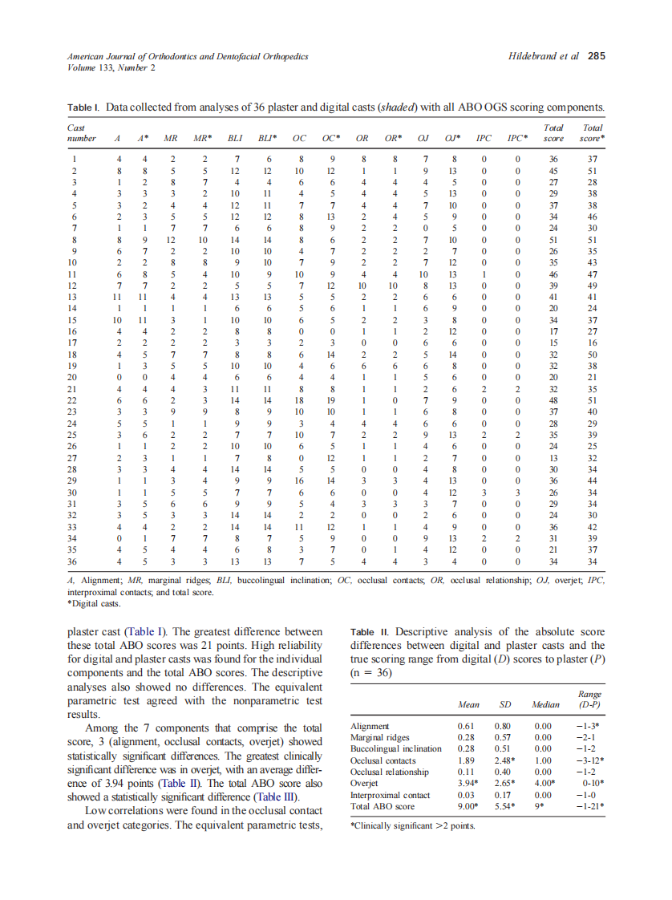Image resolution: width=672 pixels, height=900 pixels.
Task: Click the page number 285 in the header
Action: tap(596, 56)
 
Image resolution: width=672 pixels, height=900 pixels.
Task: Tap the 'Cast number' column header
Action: tap(81, 132)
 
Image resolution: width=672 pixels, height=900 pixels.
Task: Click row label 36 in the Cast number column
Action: tap(74, 562)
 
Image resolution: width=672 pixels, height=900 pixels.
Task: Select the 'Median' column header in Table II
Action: tap(545, 705)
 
